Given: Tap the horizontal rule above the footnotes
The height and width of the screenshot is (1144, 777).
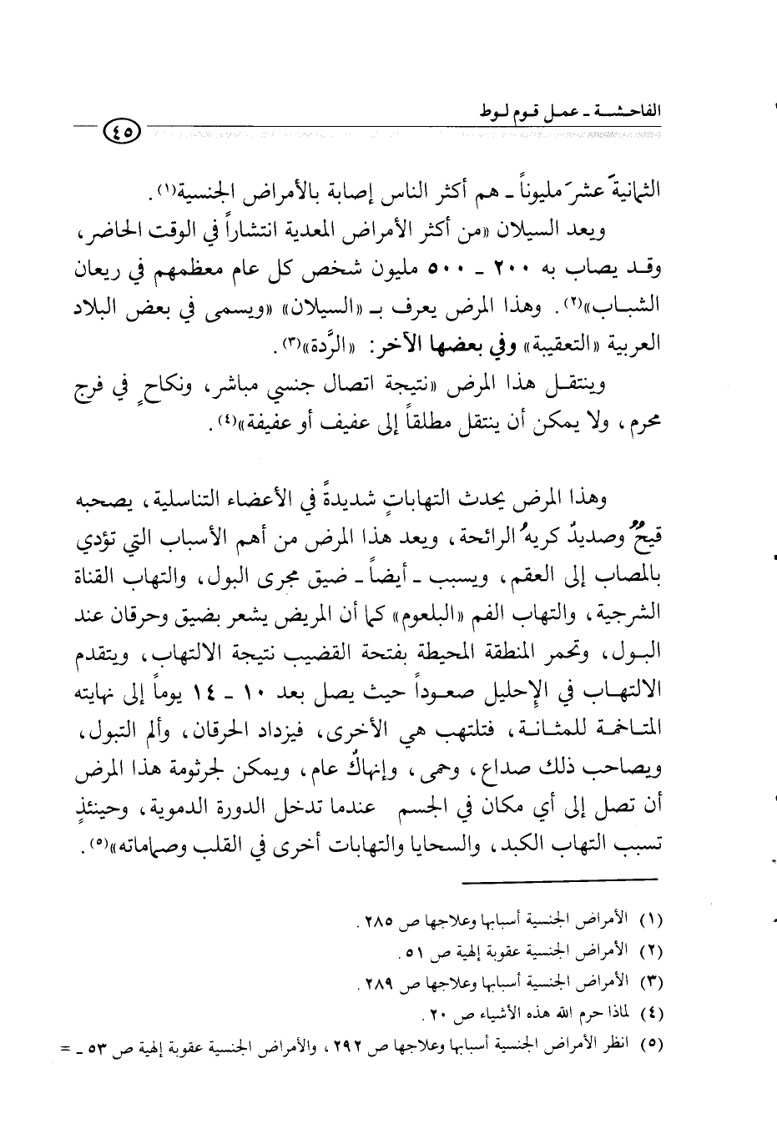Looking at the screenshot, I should (560, 879).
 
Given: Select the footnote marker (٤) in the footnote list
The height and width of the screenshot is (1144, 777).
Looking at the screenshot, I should (649, 1015).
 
